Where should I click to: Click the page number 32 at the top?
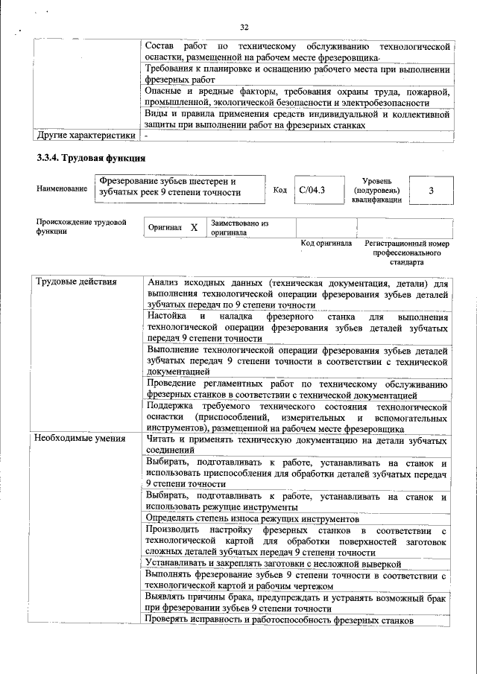pos(244,28)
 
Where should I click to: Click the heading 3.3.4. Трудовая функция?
pos(90,158)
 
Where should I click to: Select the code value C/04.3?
pos(312,190)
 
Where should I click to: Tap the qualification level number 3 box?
pos(431,190)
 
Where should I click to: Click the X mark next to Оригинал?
pos(193,227)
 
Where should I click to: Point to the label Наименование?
pos(61,190)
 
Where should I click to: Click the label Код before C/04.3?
pos(279,190)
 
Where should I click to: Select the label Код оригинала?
pos(326,244)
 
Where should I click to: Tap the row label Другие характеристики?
pos(86,136)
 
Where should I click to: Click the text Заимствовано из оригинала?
pos(239,227)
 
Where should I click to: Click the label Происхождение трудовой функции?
pos(80,226)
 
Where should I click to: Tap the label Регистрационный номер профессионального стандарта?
pos(406,252)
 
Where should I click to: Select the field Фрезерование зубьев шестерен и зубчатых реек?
pos(180,187)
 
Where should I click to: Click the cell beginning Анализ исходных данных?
pos(297,293)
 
